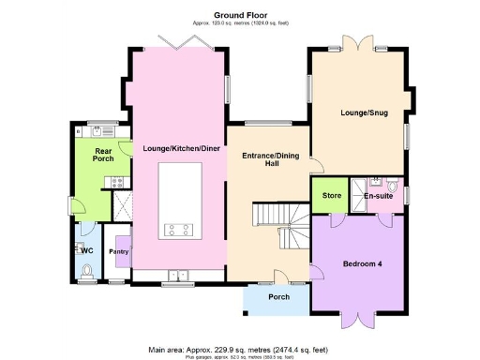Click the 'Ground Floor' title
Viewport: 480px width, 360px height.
[239, 15]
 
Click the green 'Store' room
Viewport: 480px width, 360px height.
[331, 196]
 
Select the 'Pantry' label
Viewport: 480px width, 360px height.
[118, 251]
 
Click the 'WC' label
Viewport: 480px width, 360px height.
[85, 251]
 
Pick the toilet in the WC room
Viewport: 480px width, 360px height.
[85, 271]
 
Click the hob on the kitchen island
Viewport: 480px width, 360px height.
[178, 228]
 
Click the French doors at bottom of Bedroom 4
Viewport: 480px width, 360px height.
[359, 320]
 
